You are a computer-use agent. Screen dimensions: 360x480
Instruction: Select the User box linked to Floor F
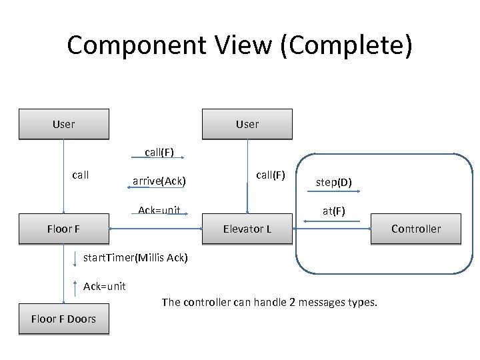(64, 124)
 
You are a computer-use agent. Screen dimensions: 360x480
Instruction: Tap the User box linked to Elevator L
(247, 124)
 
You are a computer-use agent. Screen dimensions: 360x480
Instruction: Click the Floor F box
(64, 229)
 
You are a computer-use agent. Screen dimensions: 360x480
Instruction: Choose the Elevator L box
(247, 229)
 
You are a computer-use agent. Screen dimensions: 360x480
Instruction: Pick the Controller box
(415, 229)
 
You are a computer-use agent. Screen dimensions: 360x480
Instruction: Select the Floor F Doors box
(64, 319)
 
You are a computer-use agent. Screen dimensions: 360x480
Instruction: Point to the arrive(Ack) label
(159, 181)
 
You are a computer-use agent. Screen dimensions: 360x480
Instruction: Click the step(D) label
(334, 182)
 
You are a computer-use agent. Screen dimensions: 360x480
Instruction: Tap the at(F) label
(334, 211)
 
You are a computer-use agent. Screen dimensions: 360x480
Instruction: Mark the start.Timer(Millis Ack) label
(135, 257)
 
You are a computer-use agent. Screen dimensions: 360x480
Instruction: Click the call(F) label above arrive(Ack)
(159, 152)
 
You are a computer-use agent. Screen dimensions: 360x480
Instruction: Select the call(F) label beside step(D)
(271, 175)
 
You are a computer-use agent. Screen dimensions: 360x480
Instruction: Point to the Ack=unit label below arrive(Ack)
(159, 211)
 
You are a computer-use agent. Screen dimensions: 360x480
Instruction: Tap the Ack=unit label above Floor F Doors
(105, 286)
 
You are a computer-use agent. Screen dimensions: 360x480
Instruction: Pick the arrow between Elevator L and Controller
(332, 229)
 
